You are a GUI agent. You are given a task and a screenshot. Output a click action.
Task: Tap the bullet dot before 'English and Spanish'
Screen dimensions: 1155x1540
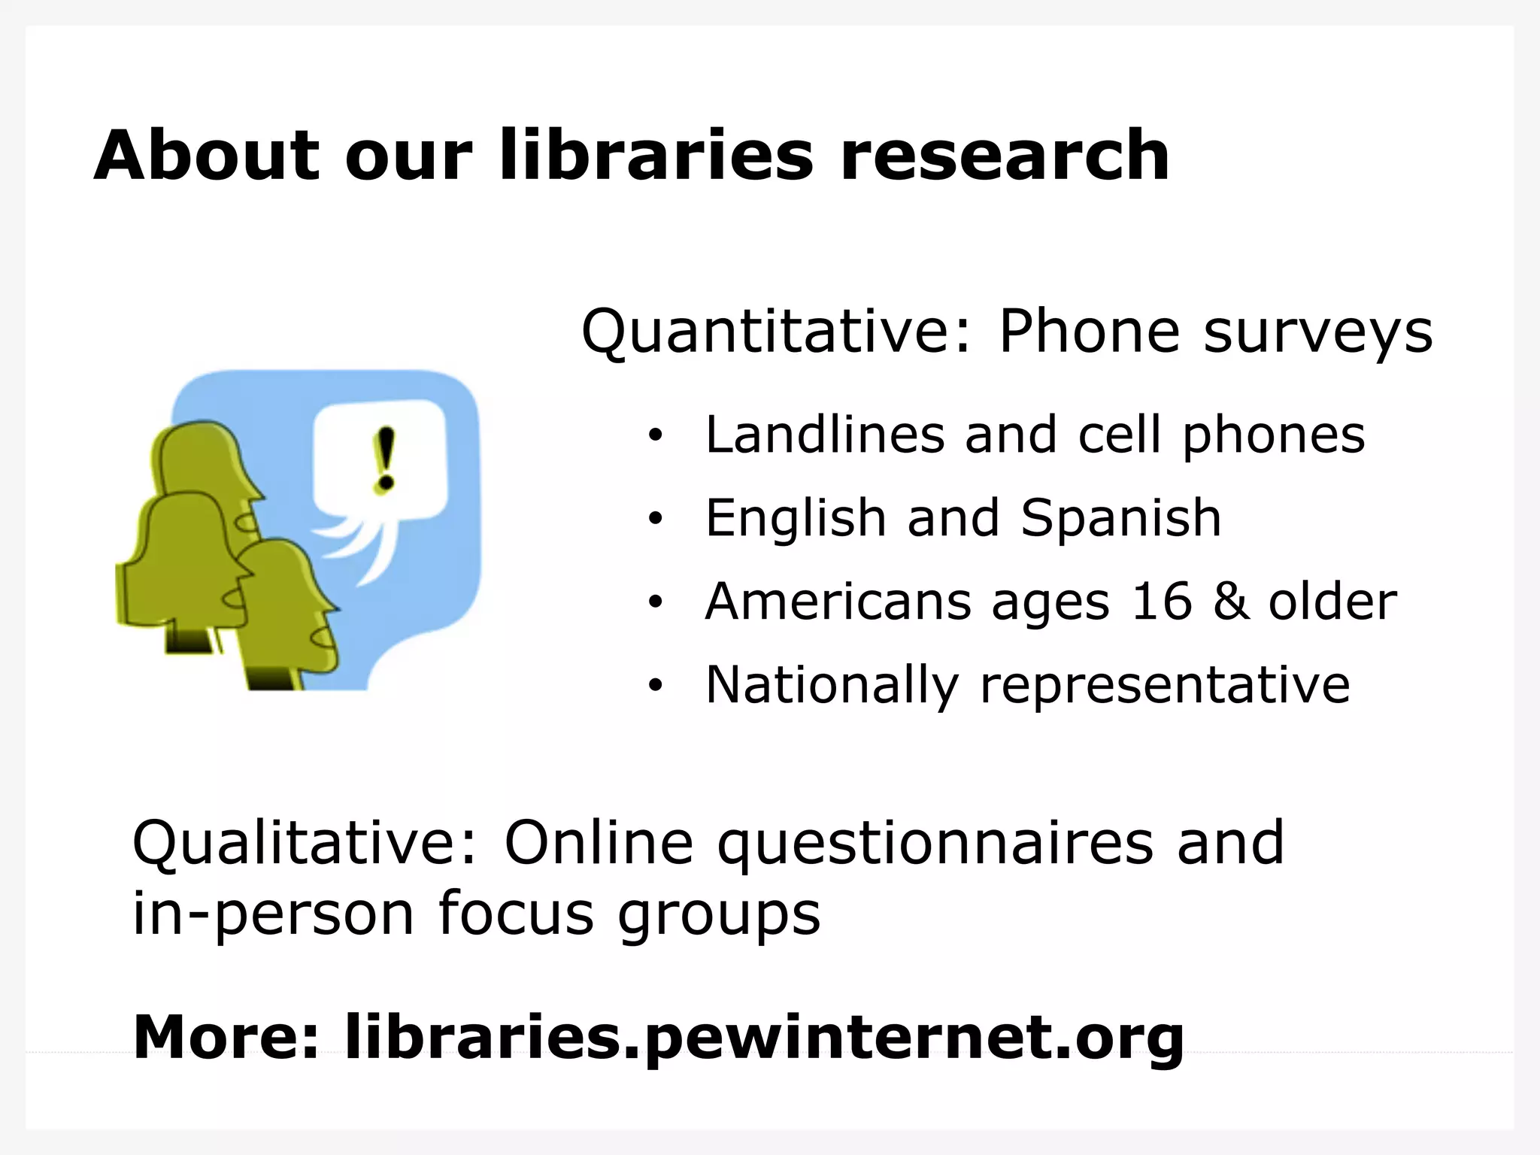click(x=656, y=519)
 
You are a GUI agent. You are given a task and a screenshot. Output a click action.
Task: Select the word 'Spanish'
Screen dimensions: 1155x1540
click(x=1120, y=519)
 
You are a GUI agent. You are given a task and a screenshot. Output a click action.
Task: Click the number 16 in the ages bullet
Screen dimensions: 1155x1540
click(x=1162, y=602)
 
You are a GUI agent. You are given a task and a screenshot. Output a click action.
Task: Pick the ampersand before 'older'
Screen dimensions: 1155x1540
click(x=1230, y=602)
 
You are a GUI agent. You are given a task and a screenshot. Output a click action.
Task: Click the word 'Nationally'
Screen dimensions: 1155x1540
click(x=832, y=685)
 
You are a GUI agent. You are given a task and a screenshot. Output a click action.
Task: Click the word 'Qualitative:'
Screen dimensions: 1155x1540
click(x=305, y=844)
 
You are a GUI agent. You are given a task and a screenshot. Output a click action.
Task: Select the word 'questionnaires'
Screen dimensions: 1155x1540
click(x=935, y=845)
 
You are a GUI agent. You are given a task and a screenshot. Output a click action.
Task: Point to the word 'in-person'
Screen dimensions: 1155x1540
click(x=273, y=915)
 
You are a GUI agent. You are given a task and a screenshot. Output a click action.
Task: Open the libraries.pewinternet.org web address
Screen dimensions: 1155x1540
click(x=763, y=1038)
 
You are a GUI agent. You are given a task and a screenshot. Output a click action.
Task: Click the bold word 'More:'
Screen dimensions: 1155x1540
click(x=226, y=1037)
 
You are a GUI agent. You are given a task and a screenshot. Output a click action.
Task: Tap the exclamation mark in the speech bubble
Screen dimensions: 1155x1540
click(x=385, y=459)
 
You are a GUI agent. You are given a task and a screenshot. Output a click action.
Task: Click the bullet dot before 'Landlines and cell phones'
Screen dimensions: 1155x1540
click(x=656, y=436)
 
